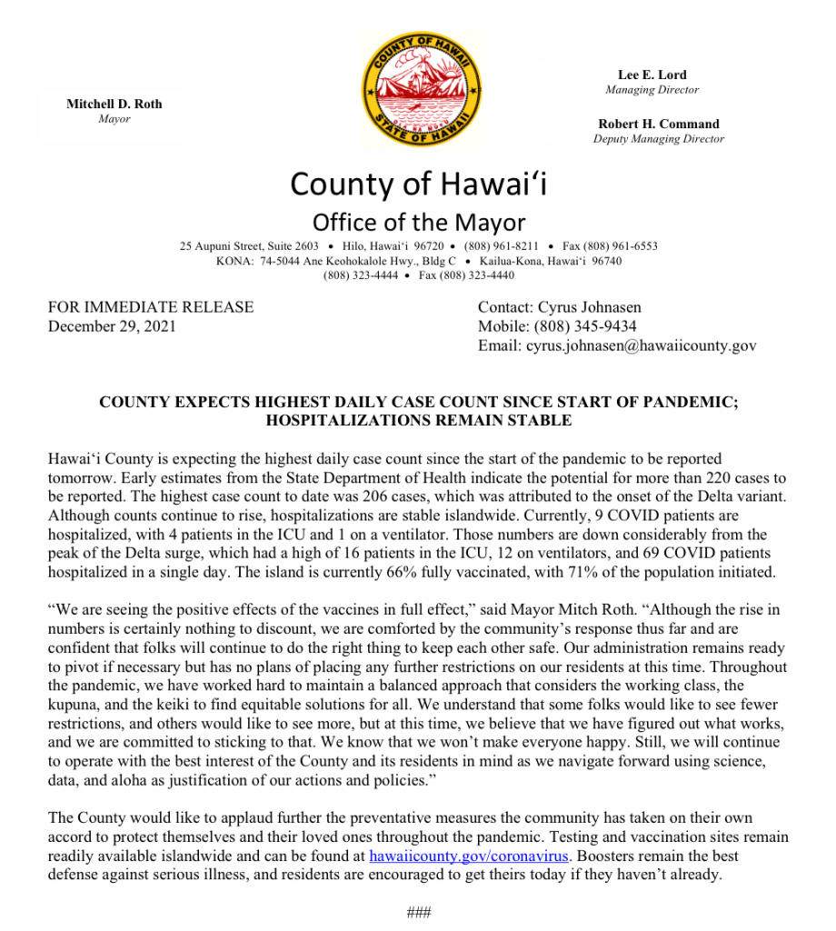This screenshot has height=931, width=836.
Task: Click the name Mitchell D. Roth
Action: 114,104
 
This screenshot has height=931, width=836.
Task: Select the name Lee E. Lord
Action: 652,75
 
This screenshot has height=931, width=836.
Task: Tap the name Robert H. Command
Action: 658,124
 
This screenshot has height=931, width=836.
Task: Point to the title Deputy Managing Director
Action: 658,139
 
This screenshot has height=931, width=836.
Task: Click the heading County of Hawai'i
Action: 419,185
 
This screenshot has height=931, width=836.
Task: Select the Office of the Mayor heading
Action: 419,222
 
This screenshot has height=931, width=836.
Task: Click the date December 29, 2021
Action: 112,326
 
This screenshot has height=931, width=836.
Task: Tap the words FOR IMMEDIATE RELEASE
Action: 151,307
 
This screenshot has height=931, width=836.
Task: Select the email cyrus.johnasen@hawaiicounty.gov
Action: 641,345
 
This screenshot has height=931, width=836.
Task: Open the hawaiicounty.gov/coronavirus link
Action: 469,856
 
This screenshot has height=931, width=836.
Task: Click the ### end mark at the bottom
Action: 419,912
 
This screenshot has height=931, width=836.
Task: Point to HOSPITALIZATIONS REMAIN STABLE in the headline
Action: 419,420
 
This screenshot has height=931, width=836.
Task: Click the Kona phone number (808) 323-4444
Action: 359,275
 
